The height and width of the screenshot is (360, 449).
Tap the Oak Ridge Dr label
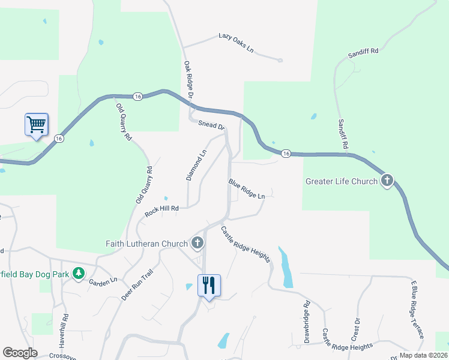(188, 79)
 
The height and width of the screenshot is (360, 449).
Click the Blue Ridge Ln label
(246, 188)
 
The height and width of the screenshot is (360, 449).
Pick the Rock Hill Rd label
(161, 212)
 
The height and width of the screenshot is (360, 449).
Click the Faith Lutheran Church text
(147, 244)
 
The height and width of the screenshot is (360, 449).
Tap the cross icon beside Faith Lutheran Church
(197, 243)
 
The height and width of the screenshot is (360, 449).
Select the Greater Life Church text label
(342, 181)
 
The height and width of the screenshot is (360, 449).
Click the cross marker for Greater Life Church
(388, 180)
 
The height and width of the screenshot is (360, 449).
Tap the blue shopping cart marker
(36, 125)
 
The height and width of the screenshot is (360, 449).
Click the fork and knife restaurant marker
(209, 284)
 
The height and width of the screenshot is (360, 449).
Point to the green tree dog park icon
(78, 273)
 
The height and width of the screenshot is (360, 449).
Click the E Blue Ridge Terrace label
(417, 308)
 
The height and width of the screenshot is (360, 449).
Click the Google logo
(20, 353)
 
